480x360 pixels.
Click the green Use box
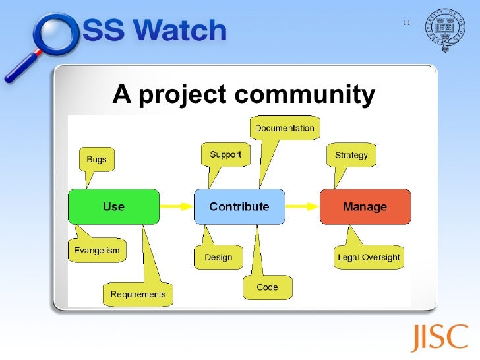(x=113, y=206)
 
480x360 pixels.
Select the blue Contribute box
(x=239, y=206)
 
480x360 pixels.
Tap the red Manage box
(x=365, y=206)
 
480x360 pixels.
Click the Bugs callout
(x=96, y=159)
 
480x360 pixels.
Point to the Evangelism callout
(x=97, y=251)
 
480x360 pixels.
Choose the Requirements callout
(x=138, y=294)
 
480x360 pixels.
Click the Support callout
(x=225, y=155)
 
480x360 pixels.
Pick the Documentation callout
(x=285, y=128)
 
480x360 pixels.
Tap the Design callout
(x=218, y=257)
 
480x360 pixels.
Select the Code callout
(x=267, y=287)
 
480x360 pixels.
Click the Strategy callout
(x=351, y=156)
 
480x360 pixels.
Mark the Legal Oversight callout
(x=369, y=257)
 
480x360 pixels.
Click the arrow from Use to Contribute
(x=176, y=206)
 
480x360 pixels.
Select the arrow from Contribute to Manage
(x=302, y=206)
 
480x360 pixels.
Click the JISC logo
(x=440, y=338)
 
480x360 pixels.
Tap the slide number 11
(x=406, y=24)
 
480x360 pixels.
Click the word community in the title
(x=305, y=96)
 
